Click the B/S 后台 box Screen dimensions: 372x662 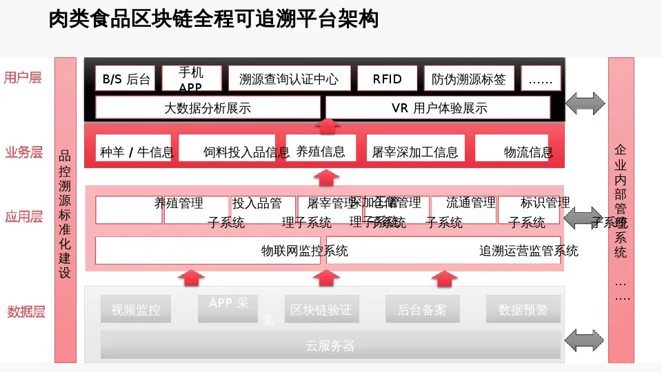[x=126, y=79]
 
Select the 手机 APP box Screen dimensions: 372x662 [x=192, y=79]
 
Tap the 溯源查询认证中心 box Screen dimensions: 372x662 [x=290, y=79]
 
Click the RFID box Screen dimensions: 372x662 [x=387, y=79]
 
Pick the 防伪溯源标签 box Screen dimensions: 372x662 [x=469, y=79]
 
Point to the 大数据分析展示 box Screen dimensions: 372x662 [x=208, y=107]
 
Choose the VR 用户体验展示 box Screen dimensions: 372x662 [x=439, y=107]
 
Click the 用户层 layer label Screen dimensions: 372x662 [x=23, y=77]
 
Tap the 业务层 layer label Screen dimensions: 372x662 [x=24, y=152]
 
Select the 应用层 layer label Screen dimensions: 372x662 [x=24, y=217]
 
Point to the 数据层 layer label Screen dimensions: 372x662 [x=26, y=311]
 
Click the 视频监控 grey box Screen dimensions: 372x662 [x=136, y=309]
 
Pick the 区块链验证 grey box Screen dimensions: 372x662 [x=321, y=309]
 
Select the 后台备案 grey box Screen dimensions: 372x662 [x=421, y=309]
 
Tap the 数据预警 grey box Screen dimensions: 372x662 [x=523, y=309]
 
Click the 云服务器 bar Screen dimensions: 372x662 [x=330, y=345]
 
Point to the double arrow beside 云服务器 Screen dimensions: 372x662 [x=584, y=339]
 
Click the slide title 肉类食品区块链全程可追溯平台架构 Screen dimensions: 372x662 [x=214, y=19]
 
